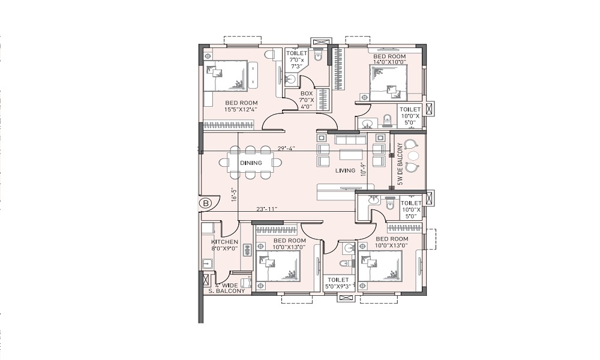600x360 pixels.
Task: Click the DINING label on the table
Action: point(251,163)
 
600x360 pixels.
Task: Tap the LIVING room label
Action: point(345,170)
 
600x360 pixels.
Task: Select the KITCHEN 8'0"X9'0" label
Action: point(224,245)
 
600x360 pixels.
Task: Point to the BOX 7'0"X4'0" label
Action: point(307,100)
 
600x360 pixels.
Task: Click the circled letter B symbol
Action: point(206,203)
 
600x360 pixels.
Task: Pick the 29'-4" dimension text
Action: point(286,148)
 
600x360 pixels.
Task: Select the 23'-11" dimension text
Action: point(267,209)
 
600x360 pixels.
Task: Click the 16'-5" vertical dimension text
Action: point(234,194)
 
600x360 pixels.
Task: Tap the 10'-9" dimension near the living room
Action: point(363,169)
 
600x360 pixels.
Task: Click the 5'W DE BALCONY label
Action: point(400,164)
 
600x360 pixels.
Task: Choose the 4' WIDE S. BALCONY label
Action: point(227,288)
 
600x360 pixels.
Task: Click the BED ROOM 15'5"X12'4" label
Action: point(241,106)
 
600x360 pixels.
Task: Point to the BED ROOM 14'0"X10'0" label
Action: point(389,59)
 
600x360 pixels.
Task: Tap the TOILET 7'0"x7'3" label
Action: point(296,60)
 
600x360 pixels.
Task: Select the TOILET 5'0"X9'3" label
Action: point(338,283)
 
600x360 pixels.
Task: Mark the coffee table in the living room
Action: point(351,154)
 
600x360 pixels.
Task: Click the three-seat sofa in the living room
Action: point(347,138)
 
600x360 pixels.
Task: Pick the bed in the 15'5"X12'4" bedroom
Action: point(226,76)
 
